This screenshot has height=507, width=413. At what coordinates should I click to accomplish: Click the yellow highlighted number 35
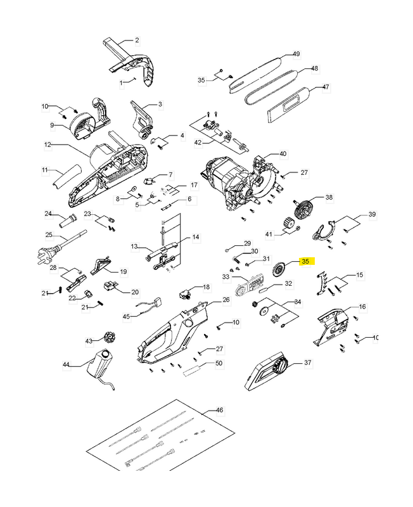coord(305,261)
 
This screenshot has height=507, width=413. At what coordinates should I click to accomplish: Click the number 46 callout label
coord(219,411)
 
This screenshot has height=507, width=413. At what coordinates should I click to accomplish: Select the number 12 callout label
coord(47,145)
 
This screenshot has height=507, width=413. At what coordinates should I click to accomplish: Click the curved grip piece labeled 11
coord(67,176)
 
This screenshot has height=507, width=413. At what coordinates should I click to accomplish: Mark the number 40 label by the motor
coord(283,154)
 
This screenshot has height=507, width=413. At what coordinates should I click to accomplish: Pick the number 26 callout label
coord(226,300)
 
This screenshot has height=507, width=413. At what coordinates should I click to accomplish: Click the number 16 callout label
coord(362,307)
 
